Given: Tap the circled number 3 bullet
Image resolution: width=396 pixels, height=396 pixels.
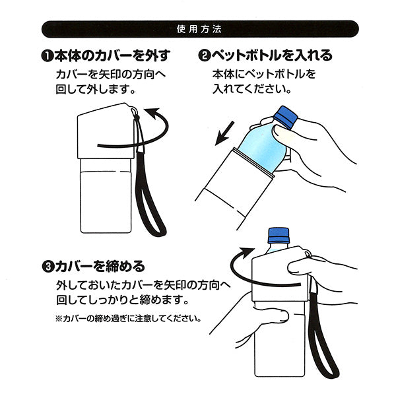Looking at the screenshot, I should pyautogui.click(x=47, y=268).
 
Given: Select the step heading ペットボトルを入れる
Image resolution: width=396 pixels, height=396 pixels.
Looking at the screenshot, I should pyautogui.click(x=271, y=55).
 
